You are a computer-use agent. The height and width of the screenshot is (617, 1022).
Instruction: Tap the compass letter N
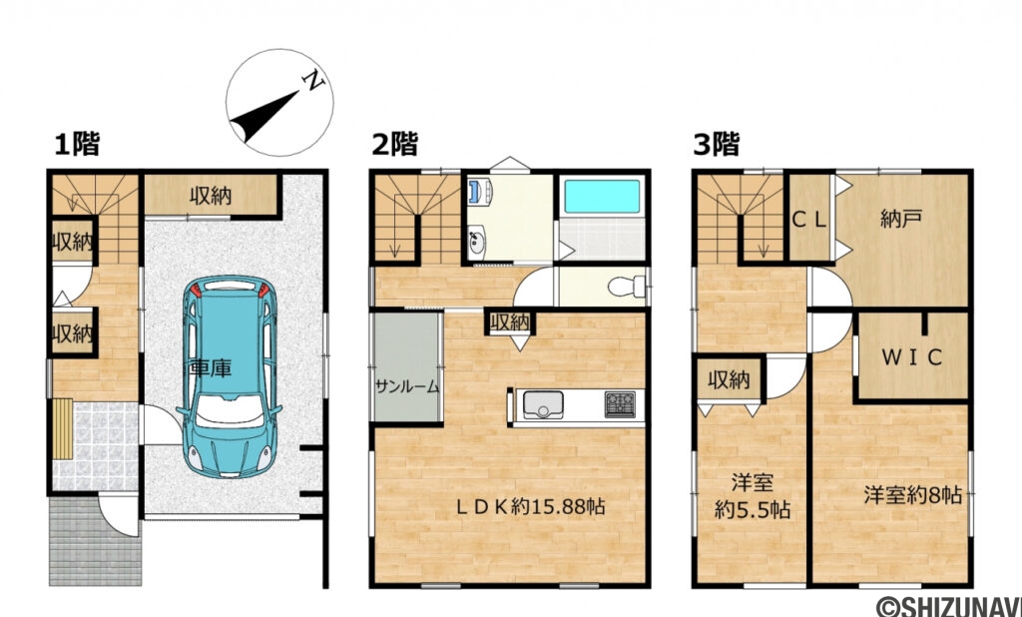tap(314, 81)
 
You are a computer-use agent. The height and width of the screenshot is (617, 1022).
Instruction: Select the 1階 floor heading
tap(77, 145)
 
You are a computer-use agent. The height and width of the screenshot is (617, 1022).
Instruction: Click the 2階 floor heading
tap(394, 145)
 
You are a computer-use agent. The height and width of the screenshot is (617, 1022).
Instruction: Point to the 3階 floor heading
tap(716, 145)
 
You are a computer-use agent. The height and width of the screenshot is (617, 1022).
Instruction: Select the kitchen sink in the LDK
tap(544, 405)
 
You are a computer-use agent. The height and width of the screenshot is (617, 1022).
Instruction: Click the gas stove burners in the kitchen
tap(620, 404)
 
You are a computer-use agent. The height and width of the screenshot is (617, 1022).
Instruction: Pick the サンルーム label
tap(407, 388)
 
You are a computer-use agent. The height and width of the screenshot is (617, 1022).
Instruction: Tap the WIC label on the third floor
tap(911, 358)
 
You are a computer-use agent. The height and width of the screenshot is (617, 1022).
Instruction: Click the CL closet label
tap(809, 220)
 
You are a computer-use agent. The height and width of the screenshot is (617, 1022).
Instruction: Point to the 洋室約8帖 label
tap(912, 494)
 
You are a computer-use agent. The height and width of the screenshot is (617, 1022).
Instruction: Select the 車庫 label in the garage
tap(211, 368)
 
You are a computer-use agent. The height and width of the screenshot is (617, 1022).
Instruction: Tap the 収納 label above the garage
tap(211, 196)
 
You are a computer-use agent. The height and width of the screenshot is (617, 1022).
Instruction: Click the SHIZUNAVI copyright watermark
tap(948, 606)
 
